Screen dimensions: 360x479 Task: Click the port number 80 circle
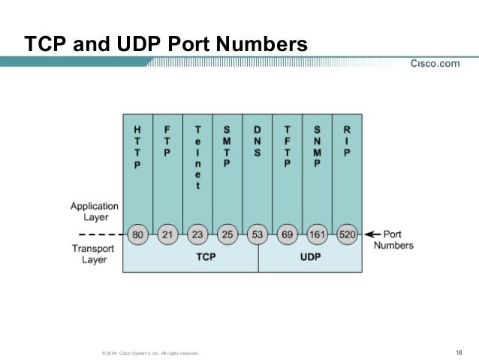coord(137,234)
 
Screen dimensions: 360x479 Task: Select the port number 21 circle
coord(167,234)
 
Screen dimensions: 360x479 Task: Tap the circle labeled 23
coord(197,234)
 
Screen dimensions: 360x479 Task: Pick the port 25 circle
coord(227,234)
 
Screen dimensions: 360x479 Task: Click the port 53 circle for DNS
coord(258,234)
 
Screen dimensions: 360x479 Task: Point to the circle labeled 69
coord(288,234)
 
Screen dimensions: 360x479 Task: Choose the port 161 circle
coord(318,234)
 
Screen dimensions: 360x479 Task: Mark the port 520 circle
coord(348,234)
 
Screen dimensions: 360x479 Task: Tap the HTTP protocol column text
coord(137,147)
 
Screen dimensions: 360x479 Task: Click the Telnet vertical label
coord(197,156)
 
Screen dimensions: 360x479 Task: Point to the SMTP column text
coord(227,147)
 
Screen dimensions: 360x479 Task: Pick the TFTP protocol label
coord(287,147)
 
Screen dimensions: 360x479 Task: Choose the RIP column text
coord(347,141)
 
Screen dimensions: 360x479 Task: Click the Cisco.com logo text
coord(435,63)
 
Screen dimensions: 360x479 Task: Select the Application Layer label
coord(94,210)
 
